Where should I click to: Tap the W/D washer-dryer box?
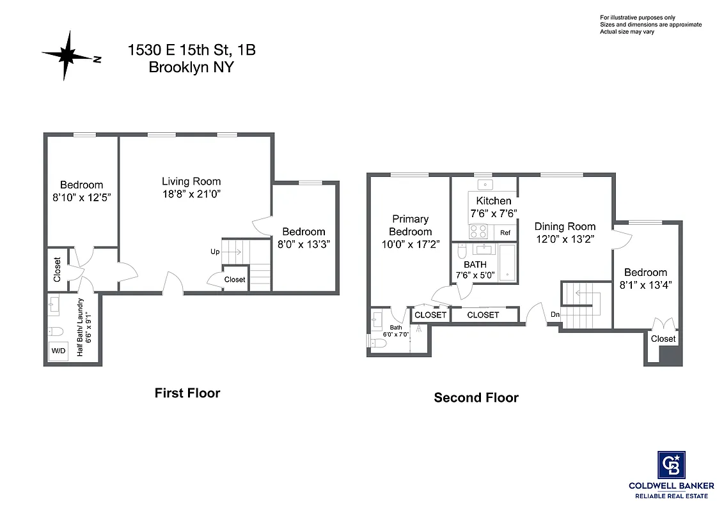point(58,351)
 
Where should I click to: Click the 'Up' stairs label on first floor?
point(215,252)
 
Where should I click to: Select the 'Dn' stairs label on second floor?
point(555,314)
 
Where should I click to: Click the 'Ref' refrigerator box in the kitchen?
point(505,233)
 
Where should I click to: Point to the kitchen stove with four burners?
point(478,231)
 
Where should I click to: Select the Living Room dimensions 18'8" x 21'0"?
point(191,194)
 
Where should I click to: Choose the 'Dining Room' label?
point(565,226)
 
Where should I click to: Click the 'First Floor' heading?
point(187,393)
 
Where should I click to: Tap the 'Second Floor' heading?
point(476,397)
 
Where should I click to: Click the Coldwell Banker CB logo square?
point(671,465)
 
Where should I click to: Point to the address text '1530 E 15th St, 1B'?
point(192,50)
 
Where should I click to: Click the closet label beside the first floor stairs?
point(235,280)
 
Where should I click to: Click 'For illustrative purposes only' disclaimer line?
point(637,17)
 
